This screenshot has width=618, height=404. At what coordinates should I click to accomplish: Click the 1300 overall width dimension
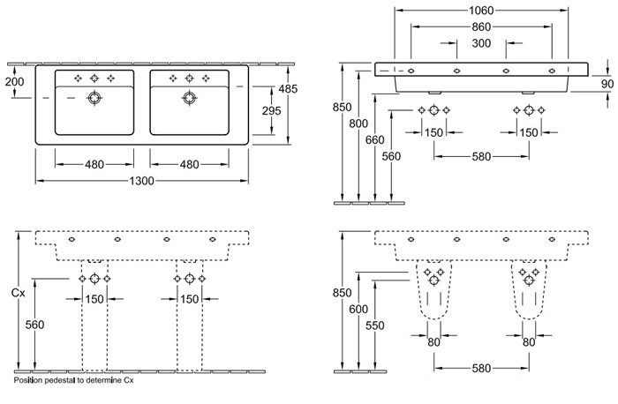[x=142, y=181]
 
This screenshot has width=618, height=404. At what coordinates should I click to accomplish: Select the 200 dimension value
[x=14, y=82]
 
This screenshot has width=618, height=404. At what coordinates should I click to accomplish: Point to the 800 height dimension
[x=357, y=123]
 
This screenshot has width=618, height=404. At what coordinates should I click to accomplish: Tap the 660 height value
[x=374, y=138]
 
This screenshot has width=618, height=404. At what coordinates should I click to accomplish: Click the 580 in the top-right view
[x=481, y=156]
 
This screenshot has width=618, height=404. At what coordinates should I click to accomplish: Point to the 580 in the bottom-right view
[x=481, y=368]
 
